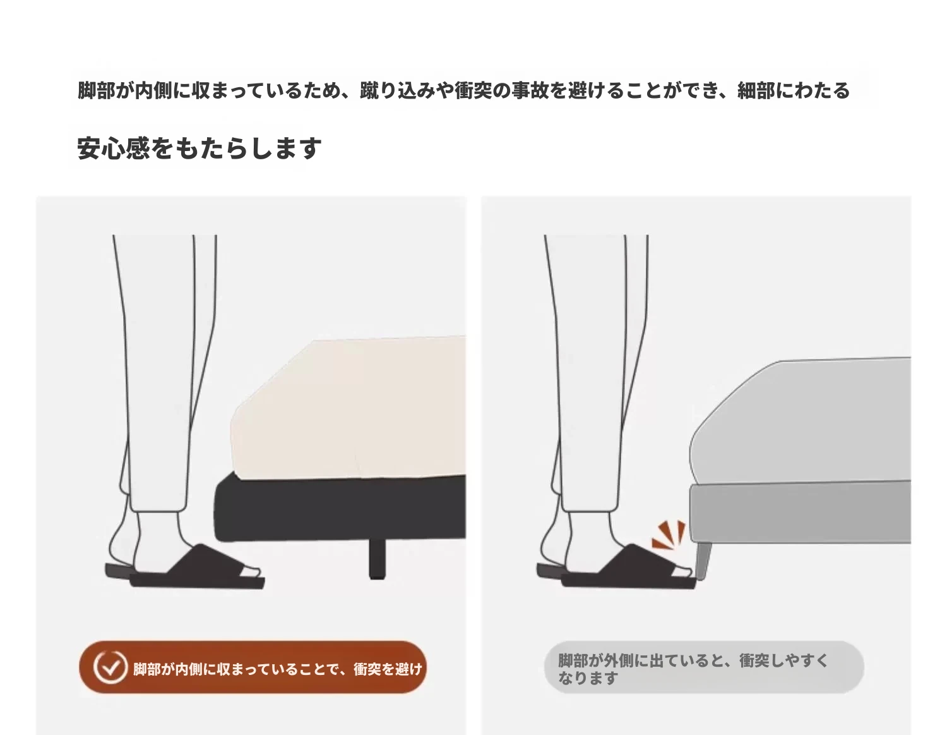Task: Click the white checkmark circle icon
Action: pyautogui.click(x=110, y=667)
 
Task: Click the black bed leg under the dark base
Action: pyautogui.click(x=378, y=559)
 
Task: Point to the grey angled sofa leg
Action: pyautogui.click(x=703, y=561)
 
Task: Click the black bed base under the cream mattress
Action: pyautogui.click(x=340, y=508)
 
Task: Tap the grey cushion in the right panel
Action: pyautogui.click(x=800, y=421)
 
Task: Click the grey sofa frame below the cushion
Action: pyautogui.click(x=800, y=513)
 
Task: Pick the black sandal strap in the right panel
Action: pyautogui.click(x=637, y=561)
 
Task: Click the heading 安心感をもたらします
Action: pyautogui.click(x=200, y=148)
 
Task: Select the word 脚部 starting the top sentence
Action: pyautogui.click(x=96, y=91)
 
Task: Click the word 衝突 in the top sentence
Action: pyautogui.click(x=473, y=91)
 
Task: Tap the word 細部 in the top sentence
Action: pyautogui.click(x=756, y=91)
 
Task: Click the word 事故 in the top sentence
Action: pyautogui.click(x=530, y=91)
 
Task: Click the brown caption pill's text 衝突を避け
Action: pyautogui.click(x=388, y=669)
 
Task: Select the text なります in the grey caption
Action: pyautogui.click(x=588, y=678)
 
